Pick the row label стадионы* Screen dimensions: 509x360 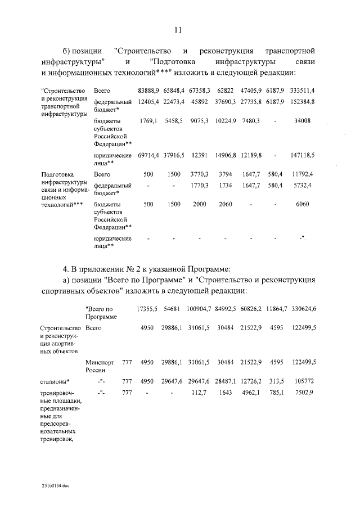click(56, 382)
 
